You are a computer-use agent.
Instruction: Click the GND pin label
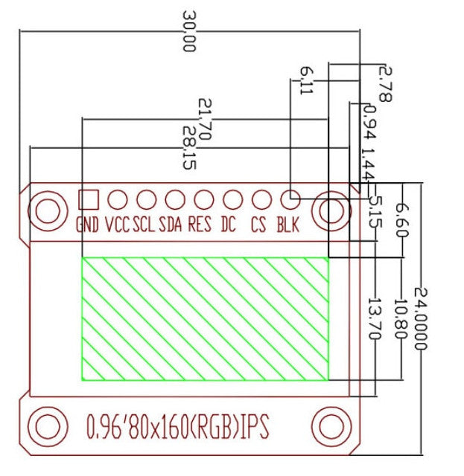(87, 225)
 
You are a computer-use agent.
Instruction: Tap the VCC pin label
(118, 225)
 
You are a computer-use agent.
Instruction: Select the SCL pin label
(144, 225)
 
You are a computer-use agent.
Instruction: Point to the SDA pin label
(171, 225)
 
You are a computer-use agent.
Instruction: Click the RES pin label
(200, 225)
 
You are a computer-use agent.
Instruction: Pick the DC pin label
(229, 225)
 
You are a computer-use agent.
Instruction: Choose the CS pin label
(258, 225)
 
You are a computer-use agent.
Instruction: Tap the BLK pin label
(288, 225)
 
